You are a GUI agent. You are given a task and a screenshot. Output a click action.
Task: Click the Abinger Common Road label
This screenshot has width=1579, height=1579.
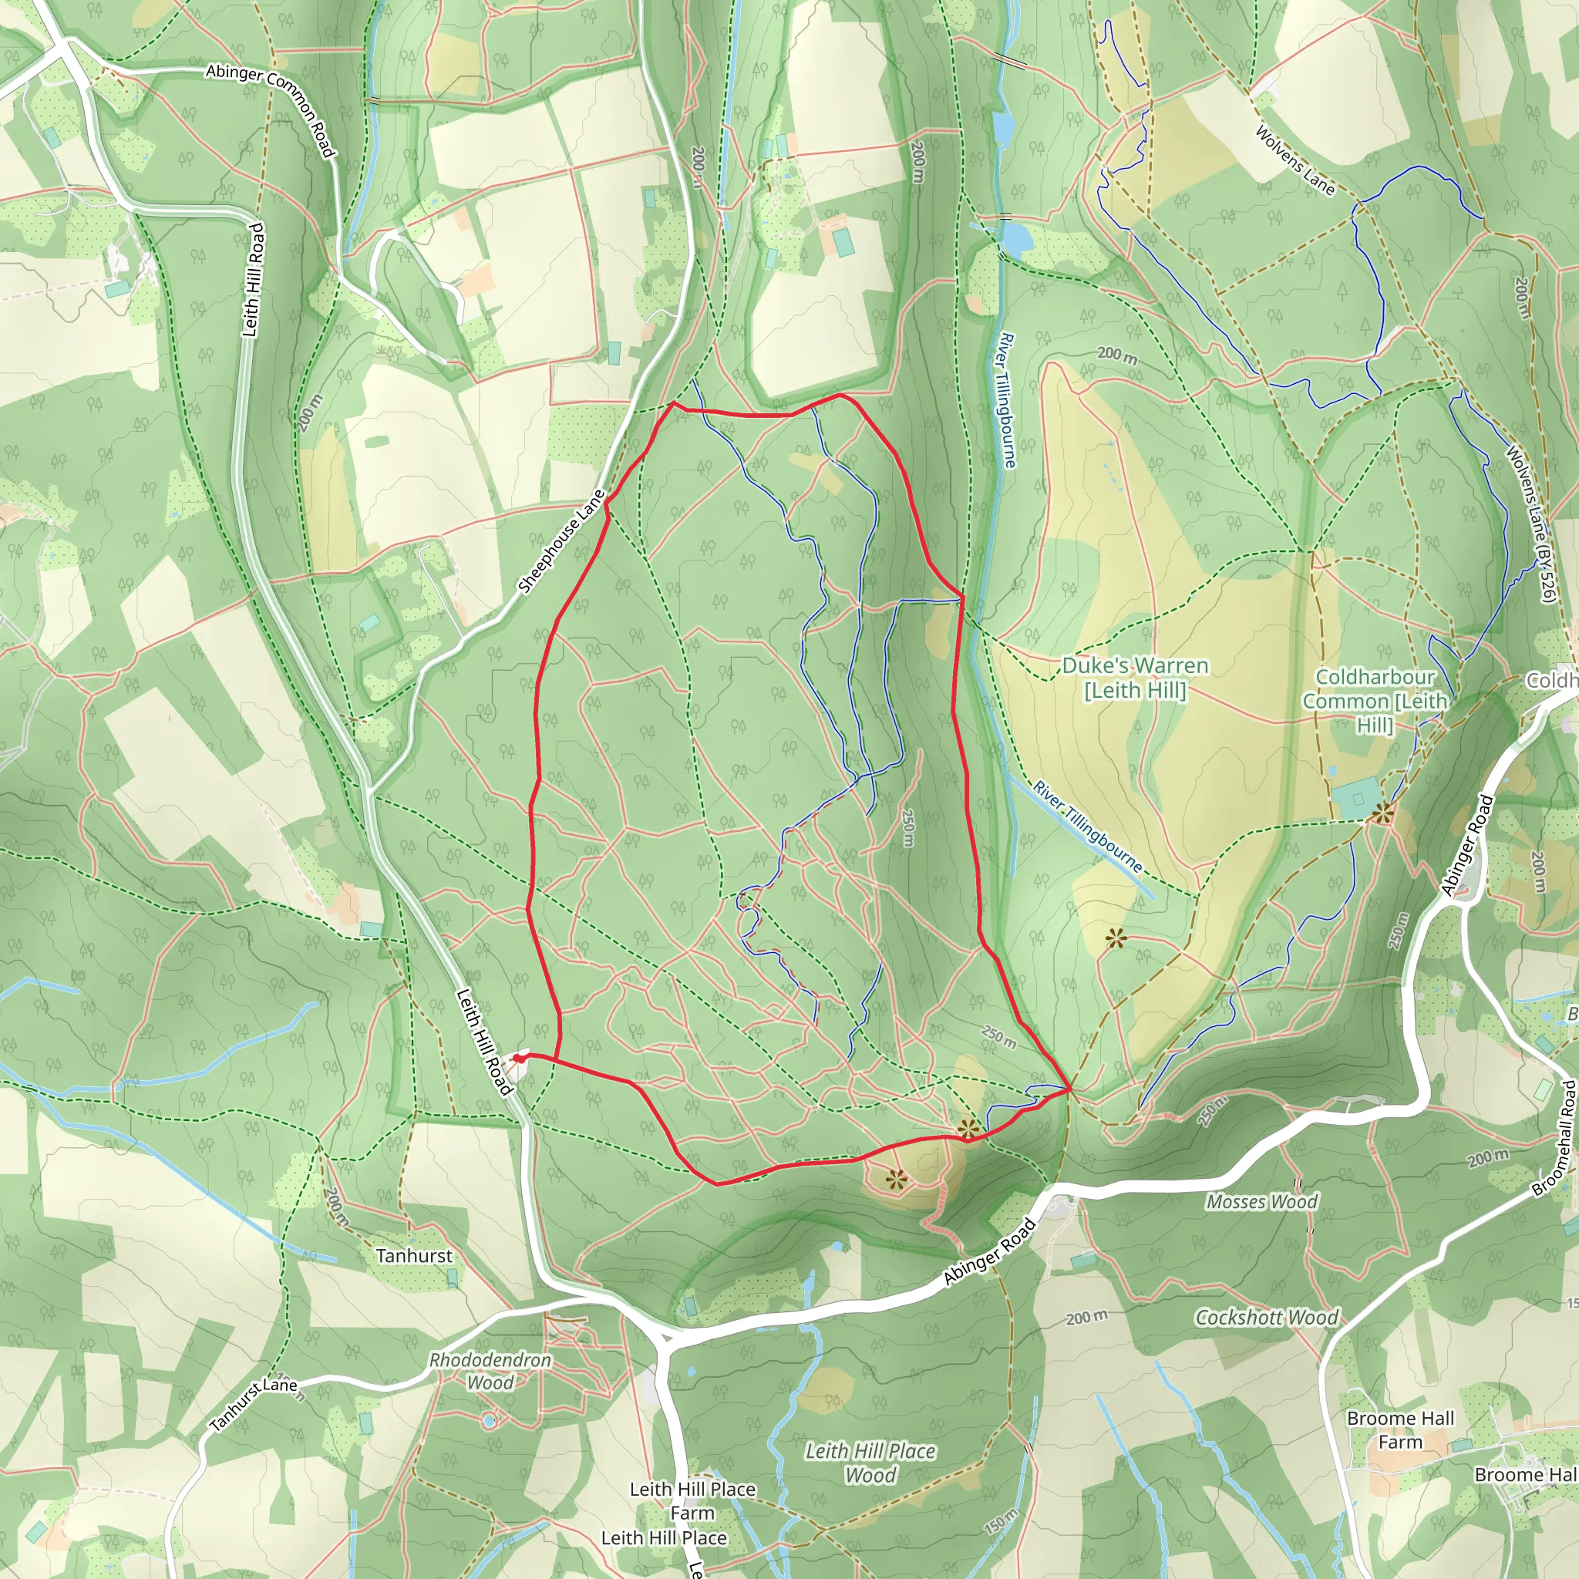tap(271, 109)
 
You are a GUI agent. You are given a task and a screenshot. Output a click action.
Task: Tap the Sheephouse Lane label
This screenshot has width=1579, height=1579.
tap(563, 540)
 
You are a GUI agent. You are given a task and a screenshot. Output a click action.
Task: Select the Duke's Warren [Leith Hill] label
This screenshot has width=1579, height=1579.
tap(1134, 678)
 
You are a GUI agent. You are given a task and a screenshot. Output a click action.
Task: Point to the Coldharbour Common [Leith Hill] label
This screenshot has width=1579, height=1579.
tap(1375, 700)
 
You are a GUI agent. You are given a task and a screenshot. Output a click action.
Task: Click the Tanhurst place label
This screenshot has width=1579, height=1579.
tap(413, 1255)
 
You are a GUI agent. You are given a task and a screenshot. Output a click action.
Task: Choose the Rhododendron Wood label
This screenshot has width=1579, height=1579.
tap(490, 1371)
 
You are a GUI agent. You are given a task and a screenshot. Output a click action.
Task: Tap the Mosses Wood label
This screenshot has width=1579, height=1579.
tap(1262, 1201)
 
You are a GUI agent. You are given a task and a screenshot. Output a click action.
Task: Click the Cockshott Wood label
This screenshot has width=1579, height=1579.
tap(1267, 1317)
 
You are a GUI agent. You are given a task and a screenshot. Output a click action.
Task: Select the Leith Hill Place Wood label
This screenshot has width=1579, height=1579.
tap(870, 1462)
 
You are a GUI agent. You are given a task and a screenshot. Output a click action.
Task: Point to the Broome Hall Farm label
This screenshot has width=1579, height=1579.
tap(1400, 1429)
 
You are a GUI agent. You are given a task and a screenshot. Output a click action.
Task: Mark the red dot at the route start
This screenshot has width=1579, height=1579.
tap(518, 1059)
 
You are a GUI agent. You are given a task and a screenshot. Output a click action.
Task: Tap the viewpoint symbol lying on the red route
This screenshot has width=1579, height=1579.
tap(968, 1130)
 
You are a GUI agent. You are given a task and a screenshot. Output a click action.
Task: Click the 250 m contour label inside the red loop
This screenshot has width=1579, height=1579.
tap(908, 827)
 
